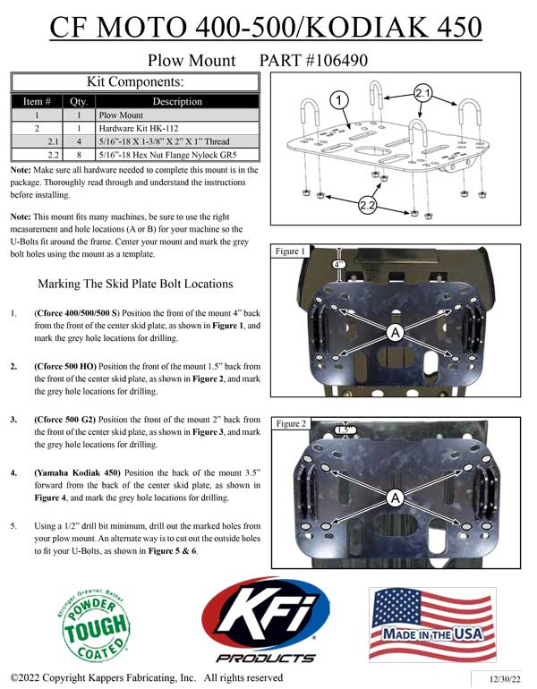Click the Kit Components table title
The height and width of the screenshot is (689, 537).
coord(134,81)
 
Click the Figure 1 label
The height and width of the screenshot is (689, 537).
coord(293,252)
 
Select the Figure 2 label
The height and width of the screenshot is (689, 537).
coord(293,422)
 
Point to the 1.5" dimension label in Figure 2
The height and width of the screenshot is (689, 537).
coord(345,430)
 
